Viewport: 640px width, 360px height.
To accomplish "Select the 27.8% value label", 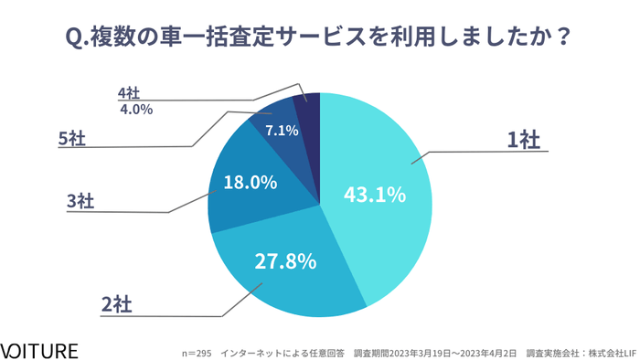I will pyautogui.click(x=285, y=261).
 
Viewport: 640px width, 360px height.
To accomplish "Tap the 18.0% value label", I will pyautogui.click(x=250, y=183).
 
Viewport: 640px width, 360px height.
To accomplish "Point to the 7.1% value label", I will pyautogui.click(x=282, y=131).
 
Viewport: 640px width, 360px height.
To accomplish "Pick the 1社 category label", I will pyautogui.click(x=524, y=140).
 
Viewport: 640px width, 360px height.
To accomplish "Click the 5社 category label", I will pyautogui.click(x=73, y=139).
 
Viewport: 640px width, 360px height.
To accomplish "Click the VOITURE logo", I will pyautogui.click(x=39, y=350).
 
